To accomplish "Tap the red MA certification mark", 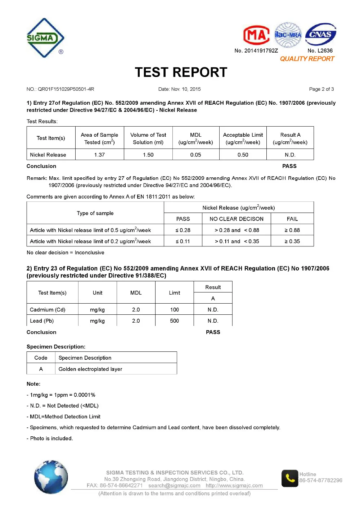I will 256,35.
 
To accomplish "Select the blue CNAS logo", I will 320,35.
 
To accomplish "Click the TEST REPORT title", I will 181,72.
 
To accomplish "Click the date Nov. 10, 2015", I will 180,89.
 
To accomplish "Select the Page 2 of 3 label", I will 321,89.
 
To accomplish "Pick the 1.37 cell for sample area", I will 99,155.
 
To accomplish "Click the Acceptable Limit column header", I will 243,138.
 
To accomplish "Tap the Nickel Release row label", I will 48,155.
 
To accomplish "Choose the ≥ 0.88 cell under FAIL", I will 292,230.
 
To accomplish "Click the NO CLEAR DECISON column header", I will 237,219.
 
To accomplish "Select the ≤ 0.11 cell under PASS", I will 183,241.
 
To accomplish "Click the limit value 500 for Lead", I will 174,321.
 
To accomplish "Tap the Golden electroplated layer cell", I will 90,369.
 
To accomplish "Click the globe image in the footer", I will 51,477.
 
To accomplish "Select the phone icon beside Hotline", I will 290,478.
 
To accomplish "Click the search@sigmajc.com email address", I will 174,486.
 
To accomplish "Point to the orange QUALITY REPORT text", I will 307,59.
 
